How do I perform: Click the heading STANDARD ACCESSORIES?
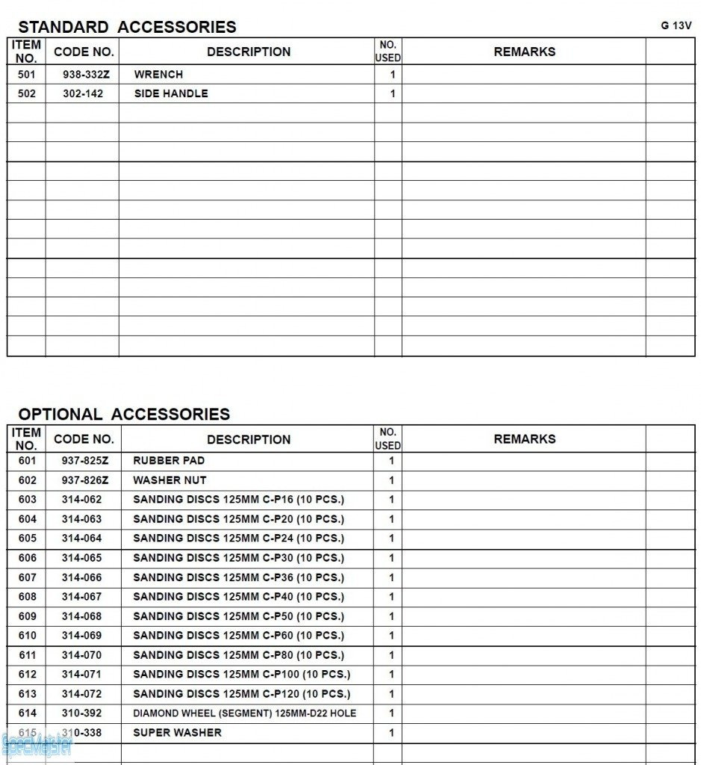click(x=127, y=27)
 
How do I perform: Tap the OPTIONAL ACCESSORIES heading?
click(x=124, y=414)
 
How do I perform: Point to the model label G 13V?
click(x=676, y=25)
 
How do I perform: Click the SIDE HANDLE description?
click(x=171, y=94)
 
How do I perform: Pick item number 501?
click(x=26, y=75)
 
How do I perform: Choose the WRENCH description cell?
click(x=158, y=75)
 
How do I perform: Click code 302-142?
click(x=83, y=94)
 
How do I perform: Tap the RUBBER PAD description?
click(x=169, y=461)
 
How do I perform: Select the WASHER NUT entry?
click(x=169, y=480)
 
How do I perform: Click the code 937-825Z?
click(x=84, y=461)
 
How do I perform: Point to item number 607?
click(x=27, y=577)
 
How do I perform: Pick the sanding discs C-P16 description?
click(x=238, y=500)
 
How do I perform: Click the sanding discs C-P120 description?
click(x=241, y=694)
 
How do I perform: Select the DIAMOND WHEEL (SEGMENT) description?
click(x=244, y=713)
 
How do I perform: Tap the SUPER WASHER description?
click(x=177, y=733)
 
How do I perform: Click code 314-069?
click(x=82, y=636)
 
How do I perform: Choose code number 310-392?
click(x=82, y=713)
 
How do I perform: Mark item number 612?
click(x=27, y=675)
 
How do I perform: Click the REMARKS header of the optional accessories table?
click(x=524, y=439)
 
